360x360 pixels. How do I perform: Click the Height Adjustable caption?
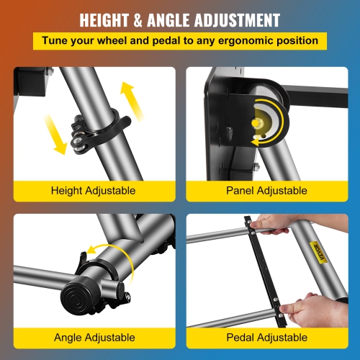click(x=94, y=191)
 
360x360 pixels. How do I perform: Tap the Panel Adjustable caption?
click(x=267, y=191)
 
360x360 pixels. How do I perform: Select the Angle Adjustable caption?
click(x=94, y=337)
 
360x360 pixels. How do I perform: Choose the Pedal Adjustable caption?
click(x=267, y=337)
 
